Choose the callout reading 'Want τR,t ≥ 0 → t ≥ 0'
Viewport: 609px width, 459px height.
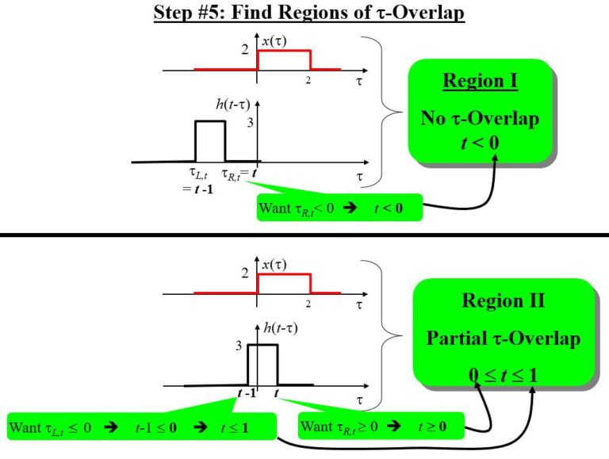click(x=374, y=426)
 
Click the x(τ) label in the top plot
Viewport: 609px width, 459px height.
click(x=274, y=41)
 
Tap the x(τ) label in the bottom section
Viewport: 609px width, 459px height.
click(x=274, y=265)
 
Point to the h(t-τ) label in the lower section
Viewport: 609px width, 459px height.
click(x=278, y=328)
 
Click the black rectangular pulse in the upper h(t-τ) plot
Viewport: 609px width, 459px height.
click(x=210, y=140)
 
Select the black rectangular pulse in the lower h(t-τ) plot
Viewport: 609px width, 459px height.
click(x=262, y=365)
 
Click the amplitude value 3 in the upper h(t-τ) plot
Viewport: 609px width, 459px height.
click(x=250, y=124)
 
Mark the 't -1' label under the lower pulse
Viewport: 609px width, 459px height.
click(x=247, y=394)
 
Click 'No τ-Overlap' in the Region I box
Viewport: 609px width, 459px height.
click(x=480, y=119)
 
